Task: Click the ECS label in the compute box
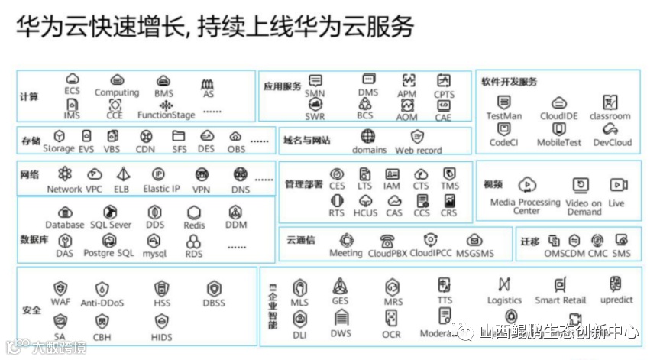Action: point(72,91)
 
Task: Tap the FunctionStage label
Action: point(166,115)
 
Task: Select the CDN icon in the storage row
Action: point(145,136)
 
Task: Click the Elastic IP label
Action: point(161,189)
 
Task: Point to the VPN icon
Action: point(202,174)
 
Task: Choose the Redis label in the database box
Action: point(194,225)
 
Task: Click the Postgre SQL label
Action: point(108,253)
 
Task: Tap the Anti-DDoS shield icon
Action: point(102,289)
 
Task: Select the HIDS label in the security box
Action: point(162,336)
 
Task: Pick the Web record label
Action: point(418,151)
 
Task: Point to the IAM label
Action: point(392,186)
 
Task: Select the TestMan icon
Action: point(503,102)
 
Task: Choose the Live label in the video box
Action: point(616,203)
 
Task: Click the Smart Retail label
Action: point(561,300)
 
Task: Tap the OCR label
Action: point(391,335)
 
